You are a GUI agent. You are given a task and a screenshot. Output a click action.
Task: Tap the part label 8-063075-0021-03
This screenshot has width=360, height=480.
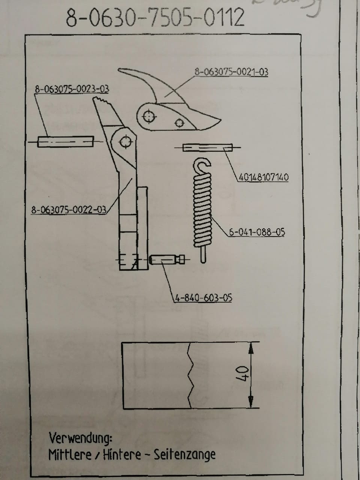pos(231,72)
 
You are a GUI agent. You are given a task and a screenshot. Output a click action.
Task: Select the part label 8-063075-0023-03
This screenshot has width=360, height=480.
pos(72,89)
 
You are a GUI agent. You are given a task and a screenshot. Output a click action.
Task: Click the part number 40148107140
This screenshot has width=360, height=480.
pos(264,177)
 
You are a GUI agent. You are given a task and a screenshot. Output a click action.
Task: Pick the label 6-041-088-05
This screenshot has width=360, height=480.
pos(257,232)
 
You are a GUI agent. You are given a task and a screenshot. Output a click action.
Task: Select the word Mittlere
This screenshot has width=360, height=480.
pos(70,455)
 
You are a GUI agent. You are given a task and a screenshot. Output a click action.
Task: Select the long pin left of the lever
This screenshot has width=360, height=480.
pos(65,142)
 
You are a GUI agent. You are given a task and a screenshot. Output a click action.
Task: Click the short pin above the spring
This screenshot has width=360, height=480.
pos(207,148)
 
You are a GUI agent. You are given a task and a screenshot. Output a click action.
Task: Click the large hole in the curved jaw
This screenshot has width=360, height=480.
pos(149,117)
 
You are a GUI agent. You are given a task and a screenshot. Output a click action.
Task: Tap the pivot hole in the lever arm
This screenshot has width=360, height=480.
pos(125,141)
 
